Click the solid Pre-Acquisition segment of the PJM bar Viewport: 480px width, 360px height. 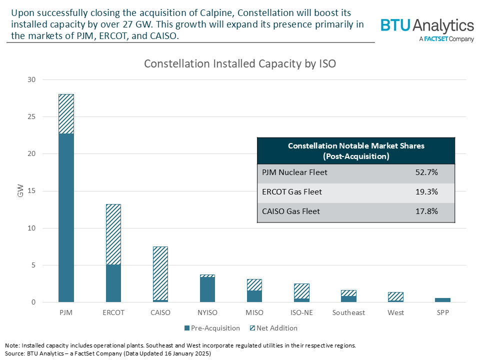(66, 217)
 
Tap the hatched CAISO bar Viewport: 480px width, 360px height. (160, 272)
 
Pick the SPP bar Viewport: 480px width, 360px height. (442, 300)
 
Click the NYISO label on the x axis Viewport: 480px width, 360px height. (207, 312)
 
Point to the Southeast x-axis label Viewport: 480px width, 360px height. (348, 312)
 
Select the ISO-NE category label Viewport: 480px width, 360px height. (301, 312)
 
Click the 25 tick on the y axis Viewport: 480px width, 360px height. (31, 117)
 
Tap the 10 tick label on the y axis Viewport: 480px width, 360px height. (31, 228)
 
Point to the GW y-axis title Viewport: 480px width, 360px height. (20, 190)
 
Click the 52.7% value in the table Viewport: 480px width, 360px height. (426, 173)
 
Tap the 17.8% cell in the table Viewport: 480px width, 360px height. (426, 212)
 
